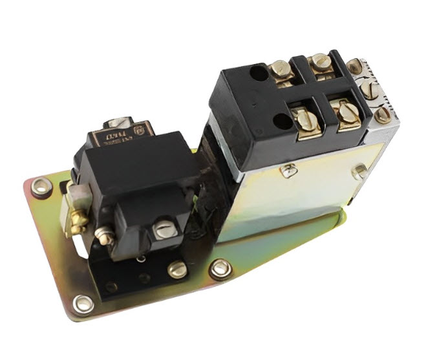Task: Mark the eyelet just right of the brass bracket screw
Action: pos(220,267)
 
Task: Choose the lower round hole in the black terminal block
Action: pos(282,120)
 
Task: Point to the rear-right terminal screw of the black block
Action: pos(320,63)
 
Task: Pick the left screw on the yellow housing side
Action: pos(289,170)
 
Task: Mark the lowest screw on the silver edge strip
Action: pos(383,115)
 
